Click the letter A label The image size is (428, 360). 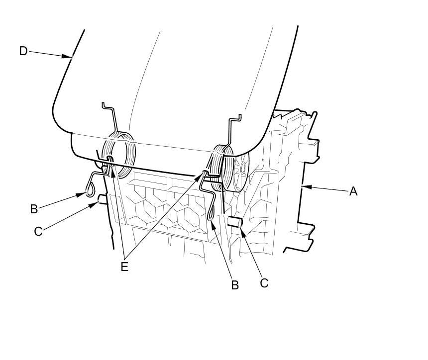353,191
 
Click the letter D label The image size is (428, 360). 23,51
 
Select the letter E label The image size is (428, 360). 124,267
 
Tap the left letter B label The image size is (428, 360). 34,209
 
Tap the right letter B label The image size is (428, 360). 235,285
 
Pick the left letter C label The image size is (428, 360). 38,232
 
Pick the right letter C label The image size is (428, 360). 264,282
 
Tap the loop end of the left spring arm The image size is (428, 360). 90,189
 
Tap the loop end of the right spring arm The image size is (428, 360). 212,213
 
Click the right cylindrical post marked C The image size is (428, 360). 235,223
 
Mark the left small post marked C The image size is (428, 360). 102,200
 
